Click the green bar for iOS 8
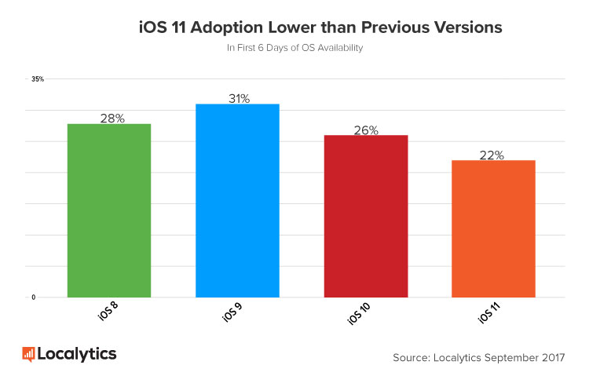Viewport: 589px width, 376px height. pyautogui.click(x=109, y=210)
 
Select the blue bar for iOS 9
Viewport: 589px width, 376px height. pyautogui.click(x=237, y=200)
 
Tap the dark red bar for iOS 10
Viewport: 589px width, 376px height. pyautogui.click(x=366, y=216)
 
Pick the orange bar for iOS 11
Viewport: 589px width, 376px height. pyautogui.click(x=494, y=228)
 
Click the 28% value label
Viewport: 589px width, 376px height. pyautogui.click(x=112, y=118)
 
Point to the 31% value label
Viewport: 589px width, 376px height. pyautogui.click(x=238, y=98)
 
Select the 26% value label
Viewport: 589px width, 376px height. pyautogui.click(x=366, y=130)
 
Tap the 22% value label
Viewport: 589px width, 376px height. pyautogui.click(x=492, y=155)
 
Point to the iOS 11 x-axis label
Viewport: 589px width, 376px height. pyautogui.click(x=489, y=315)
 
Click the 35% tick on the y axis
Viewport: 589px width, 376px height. pyautogui.click(x=38, y=79)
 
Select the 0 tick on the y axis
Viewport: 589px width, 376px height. pyautogui.click(x=34, y=298)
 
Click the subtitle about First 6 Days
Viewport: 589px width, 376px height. pyautogui.click(x=294, y=48)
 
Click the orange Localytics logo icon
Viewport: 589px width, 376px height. pyautogui.click(x=28, y=354)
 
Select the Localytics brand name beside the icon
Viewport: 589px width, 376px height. pyautogui.click(x=76, y=354)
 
